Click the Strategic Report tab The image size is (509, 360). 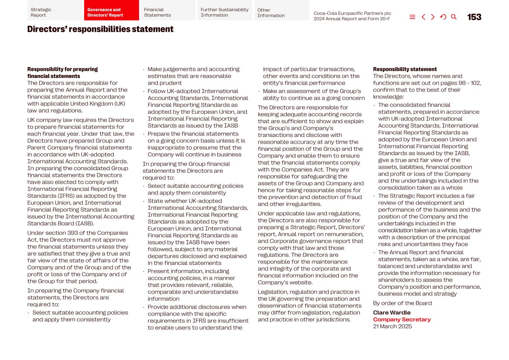[x=54, y=12]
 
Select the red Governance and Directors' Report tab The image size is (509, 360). [x=111, y=12]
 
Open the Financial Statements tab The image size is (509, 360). [x=168, y=12]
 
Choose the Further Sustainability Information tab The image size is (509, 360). [x=224, y=12]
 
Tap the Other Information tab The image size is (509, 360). [x=281, y=13]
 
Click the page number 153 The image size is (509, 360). [x=474, y=17]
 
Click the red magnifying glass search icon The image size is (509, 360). [x=454, y=17]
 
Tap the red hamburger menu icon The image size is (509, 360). [x=412, y=17]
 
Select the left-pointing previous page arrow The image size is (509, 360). [x=423, y=17]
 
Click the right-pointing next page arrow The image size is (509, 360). [x=433, y=17]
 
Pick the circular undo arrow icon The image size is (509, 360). [x=443, y=17]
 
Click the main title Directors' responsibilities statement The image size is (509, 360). [x=100, y=29]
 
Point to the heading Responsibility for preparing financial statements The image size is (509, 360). [x=62, y=73]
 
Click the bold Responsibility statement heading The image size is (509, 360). [x=405, y=69]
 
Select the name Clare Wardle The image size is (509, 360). [x=392, y=313]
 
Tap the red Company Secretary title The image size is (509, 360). [x=402, y=320]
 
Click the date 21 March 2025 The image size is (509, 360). [x=392, y=326]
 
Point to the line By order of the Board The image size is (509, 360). [x=402, y=303]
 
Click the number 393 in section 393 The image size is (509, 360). [x=73, y=233]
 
